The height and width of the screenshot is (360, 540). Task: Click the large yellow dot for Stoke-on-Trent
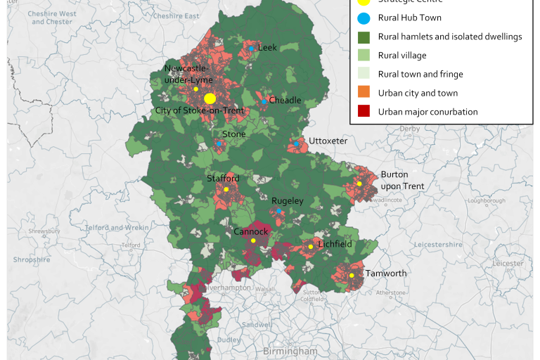pos(210,98)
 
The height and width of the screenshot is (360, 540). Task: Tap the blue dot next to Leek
pos(251,48)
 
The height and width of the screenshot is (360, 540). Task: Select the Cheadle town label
pos(285,101)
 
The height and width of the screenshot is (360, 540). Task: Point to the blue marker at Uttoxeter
pos(296,144)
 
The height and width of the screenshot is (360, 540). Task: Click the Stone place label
pos(234,134)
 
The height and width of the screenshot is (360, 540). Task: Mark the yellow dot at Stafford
pos(226,189)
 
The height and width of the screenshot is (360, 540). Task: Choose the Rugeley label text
pos(288,201)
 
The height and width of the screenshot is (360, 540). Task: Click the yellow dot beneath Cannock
pos(253,241)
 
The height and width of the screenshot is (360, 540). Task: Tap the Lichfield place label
pos(334,245)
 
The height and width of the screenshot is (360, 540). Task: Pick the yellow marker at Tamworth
pos(352,275)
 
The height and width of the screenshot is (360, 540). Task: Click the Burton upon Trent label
pos(402,180)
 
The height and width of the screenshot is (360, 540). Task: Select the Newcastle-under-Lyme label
pos(188,74)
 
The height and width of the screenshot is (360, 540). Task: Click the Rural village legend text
pos(401,56)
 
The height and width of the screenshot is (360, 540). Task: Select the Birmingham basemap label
pos(290,351)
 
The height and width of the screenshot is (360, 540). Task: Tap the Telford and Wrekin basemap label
pos(117,228)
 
